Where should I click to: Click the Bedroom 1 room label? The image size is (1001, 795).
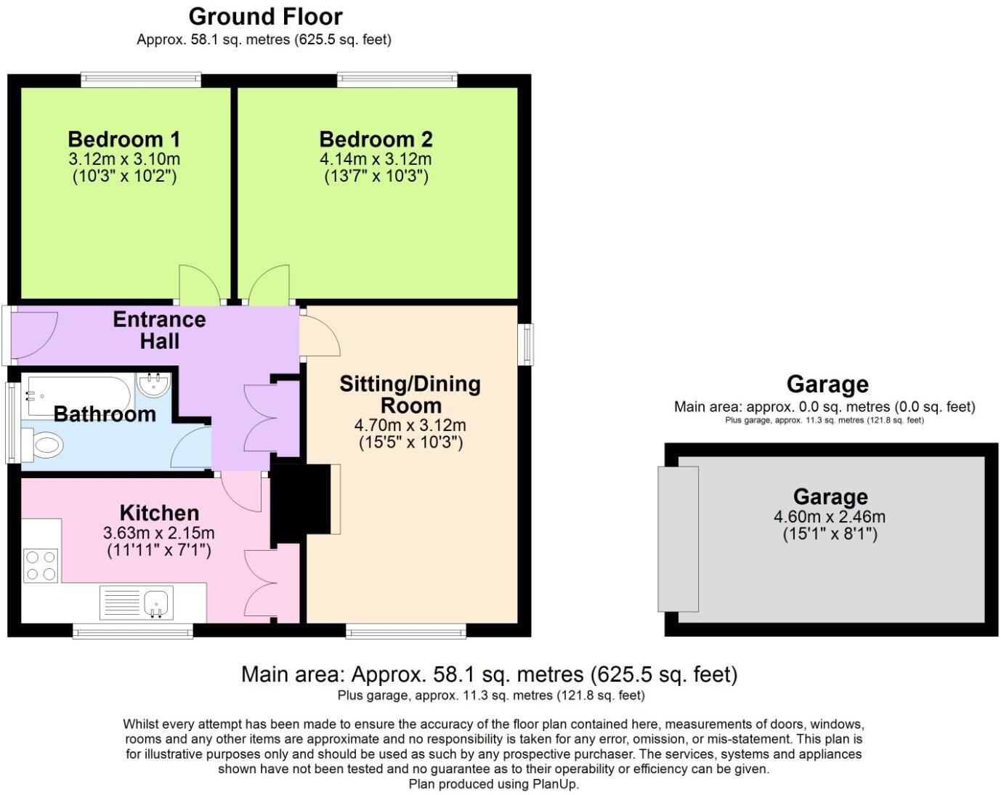[123, 139]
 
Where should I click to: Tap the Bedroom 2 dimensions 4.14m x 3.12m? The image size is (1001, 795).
[376, 159]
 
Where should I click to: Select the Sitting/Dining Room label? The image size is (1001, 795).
[410, 394]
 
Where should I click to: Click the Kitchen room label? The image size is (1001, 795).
[159, 512]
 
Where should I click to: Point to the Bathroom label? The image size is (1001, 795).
[105, 414]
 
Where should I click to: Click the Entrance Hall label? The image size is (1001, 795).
[159, 330]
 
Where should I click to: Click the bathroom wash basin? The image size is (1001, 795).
[153, 385]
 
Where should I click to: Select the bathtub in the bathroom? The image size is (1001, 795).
[76, 392]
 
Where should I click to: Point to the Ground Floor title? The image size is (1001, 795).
[265, 16]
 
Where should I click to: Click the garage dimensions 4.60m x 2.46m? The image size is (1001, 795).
[830, 517]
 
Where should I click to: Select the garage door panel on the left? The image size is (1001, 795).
[678, 538]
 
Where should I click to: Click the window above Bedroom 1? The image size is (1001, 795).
[140, 78]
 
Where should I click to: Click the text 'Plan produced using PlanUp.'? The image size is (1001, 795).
[493, 784]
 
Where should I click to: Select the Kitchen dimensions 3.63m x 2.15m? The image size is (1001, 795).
[159, 533]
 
